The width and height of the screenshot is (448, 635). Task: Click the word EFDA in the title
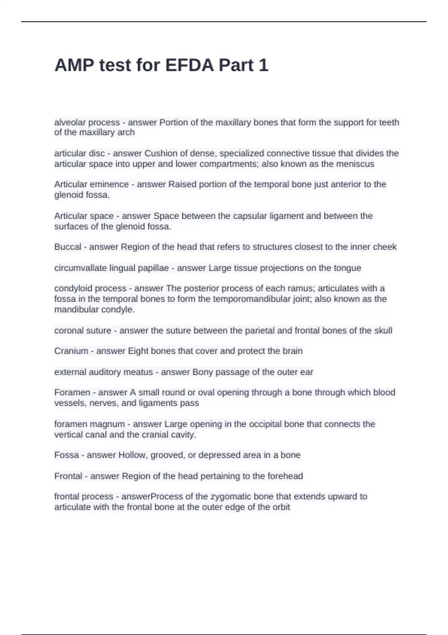coord(189,65)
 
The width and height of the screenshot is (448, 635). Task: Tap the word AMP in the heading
coord(74,65)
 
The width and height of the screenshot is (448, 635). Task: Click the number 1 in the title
coord(263,65)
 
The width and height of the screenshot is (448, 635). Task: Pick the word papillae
coord(153,268)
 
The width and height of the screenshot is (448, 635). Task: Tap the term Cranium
coord(71,351)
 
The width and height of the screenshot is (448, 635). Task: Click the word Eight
coord(138,351)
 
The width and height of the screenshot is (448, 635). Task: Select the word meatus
coord(138,372)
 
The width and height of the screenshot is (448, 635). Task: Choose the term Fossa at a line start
coord(66,455)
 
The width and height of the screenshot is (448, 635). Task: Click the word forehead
coord(285,476)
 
